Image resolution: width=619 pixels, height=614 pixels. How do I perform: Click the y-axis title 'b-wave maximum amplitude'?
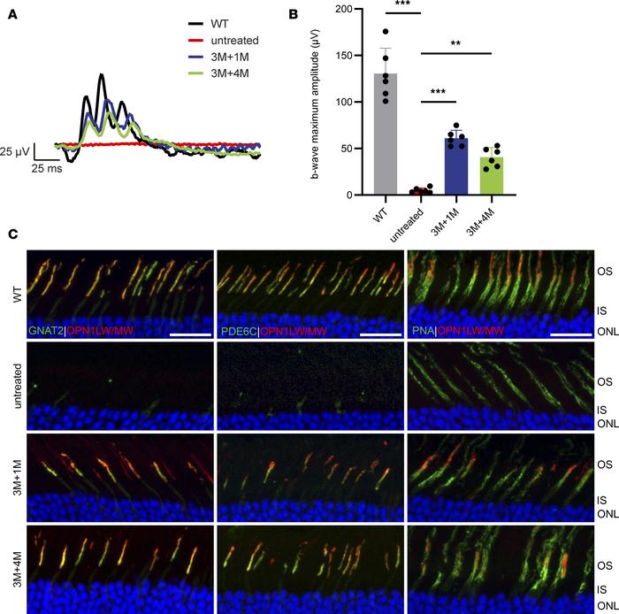click(x=316, y=102)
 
